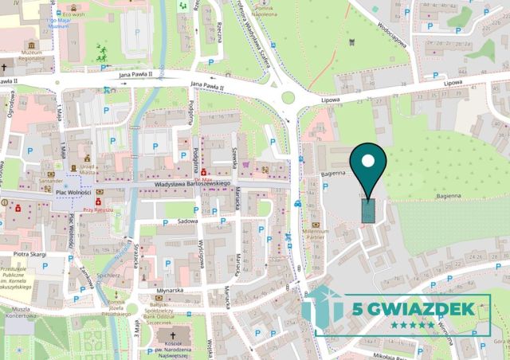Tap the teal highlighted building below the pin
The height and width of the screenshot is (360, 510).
pyautogui.click(x=367, y=210)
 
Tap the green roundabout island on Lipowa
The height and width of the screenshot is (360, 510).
pyautogui.click(x=288, y=97)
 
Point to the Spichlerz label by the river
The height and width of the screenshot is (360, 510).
pyautogui.click(x=108, y=275)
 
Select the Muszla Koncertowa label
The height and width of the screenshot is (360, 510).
pyautogui.click(x=16, y=312)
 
